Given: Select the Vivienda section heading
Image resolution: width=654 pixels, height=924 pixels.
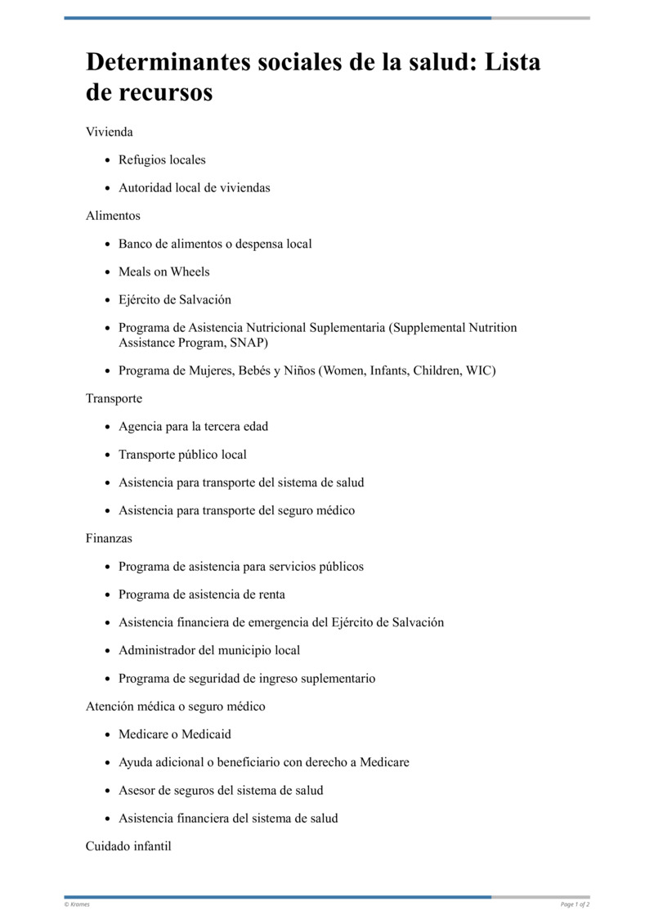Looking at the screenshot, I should (110, 132).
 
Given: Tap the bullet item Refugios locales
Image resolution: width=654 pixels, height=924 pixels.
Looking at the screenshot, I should (162, 159).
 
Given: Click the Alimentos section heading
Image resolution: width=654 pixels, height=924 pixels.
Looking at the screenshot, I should (113, 216).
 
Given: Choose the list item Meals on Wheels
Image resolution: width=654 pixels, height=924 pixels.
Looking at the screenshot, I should (163, 271).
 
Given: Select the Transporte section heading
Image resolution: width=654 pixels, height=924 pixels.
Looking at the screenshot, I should (114, 398).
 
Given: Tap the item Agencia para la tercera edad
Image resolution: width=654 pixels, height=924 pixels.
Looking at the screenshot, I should (193, 426).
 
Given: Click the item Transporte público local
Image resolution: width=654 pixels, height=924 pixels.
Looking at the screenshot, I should (182, 455).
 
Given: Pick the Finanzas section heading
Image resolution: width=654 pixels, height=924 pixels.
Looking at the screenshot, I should (109, 538).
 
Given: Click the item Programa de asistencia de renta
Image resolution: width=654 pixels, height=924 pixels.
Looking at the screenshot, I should (202, 594).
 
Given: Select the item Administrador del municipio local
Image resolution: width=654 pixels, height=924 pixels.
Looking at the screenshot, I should (209, 650).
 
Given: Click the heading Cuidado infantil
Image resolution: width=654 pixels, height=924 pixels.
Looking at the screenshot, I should (128, 846).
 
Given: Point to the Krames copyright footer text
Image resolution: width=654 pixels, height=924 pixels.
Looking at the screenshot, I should (77, 904).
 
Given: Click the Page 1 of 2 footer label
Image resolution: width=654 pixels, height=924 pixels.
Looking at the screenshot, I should (575, 904).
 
